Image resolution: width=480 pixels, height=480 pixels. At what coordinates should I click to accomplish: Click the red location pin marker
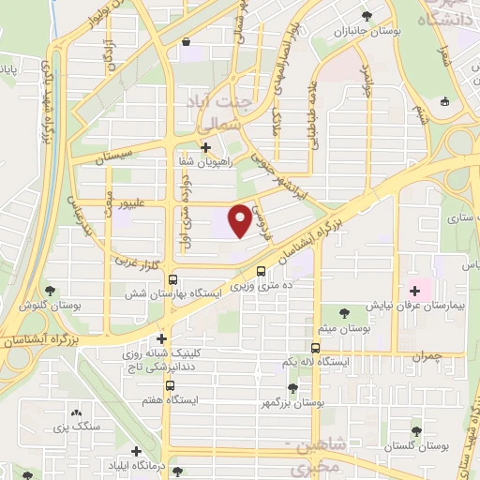(240, 218)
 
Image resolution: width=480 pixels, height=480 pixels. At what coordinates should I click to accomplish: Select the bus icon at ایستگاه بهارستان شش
(172, 279)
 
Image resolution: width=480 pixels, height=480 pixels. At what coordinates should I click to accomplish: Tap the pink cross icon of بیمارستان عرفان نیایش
(414, 292)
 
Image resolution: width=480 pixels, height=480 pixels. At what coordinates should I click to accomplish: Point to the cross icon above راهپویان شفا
(205, 147)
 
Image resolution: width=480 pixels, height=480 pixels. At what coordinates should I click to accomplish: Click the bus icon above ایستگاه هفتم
(170, 385)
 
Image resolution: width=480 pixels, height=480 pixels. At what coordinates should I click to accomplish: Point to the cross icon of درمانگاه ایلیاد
(138, 452)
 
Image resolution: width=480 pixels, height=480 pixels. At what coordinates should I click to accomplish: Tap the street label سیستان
(123, 149)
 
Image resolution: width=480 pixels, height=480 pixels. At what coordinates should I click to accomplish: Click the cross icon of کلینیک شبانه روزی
(162, 338)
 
